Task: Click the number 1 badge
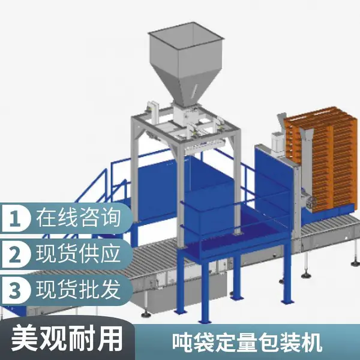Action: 16,218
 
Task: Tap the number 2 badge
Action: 16,254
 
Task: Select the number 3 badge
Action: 16,290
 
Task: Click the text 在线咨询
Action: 78,218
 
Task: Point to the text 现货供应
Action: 78,253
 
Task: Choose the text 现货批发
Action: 78,290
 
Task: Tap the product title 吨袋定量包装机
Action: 247,343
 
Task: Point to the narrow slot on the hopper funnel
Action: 196,89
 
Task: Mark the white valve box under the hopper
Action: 185,115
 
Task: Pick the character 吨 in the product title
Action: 182,343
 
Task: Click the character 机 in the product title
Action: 311,343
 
